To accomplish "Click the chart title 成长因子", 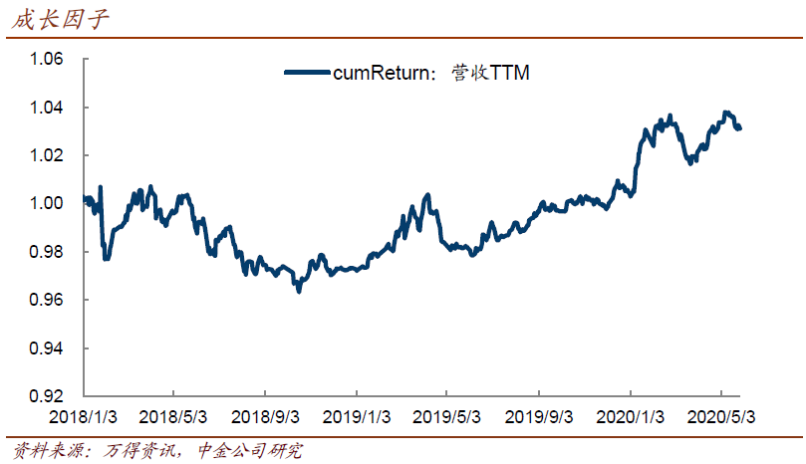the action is (x=60, y=20).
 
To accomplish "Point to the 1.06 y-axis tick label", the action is (x=46, y=59).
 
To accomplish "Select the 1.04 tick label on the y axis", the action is (x=46, y=108).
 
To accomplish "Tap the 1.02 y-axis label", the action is (x=46, y=155).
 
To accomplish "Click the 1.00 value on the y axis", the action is (x=46, y=203).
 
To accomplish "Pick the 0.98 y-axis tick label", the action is (x=46, y=251).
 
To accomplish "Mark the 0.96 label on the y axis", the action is (x=46, y=300).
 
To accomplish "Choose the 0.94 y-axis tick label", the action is (x=46, y=348).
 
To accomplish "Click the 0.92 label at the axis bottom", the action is (x=46, y=395).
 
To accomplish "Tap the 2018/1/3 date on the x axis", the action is (x=83, y=417).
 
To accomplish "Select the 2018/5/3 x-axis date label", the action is (x=172, y=417).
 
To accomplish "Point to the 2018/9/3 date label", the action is (x=265, y=417).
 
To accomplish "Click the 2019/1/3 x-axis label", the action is (x=357, y=417).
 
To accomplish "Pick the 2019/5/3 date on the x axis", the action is (x=446, y=417).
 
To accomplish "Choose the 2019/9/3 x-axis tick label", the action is (x=539, y=417).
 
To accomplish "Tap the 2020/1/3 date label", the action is (x=630, y=417).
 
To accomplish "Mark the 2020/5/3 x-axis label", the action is (x=721, y=417).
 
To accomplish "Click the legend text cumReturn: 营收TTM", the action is (x=431, y=73).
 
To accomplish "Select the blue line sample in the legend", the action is (x=308, y=73).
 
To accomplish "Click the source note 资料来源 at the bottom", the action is (x=157, y=451).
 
